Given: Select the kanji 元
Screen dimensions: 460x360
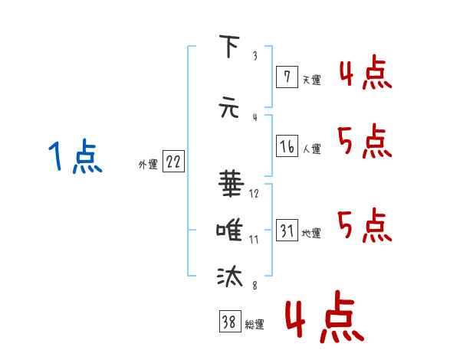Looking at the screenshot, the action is tap(229, 107).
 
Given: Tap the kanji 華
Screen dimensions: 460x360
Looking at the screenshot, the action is tap(232, 183).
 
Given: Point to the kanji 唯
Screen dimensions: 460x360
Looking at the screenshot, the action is tap(229, 230).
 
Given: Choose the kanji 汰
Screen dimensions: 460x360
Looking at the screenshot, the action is tap(230, 276).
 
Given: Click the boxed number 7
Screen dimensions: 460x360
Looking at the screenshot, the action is tap(287, 77).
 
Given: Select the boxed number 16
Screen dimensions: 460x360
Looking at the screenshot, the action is tap(287, 146).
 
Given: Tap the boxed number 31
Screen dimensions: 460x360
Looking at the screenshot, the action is tap(287, 230).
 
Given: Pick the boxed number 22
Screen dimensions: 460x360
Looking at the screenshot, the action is tap(173, 162).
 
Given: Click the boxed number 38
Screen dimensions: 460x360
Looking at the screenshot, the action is tap(230, 321).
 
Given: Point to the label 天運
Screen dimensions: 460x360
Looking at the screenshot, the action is tap(312, 80).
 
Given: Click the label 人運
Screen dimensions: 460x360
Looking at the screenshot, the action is tap(312, 149).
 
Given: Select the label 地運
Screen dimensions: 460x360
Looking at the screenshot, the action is tap(311, 233).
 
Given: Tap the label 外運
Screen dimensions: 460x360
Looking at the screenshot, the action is tap(148, 165).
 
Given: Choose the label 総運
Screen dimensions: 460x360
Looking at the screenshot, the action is tap(255, 325).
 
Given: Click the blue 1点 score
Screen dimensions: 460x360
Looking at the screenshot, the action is tap(75, 156).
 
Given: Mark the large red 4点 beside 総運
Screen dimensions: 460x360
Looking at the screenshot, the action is tap(325, 316).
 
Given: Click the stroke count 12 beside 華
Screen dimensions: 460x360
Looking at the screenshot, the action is tap(254, 193).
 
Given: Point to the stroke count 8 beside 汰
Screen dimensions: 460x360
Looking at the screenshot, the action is tap(255, 285).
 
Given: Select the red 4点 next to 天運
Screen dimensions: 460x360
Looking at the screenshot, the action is tap(366, 72).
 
